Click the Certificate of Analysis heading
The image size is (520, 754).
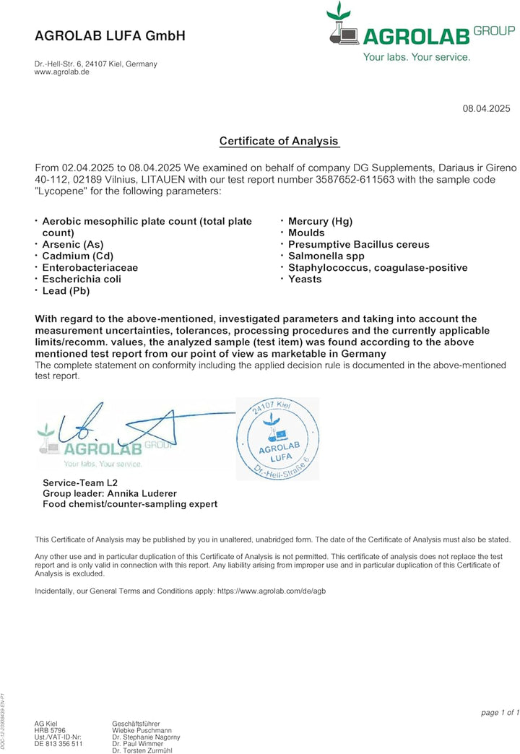279,141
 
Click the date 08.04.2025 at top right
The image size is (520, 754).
486,108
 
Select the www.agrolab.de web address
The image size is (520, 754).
62,73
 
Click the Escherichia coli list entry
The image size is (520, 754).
82,279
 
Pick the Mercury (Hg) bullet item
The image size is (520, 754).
320,222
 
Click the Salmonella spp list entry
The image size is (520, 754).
326,256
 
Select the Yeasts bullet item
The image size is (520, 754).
305,279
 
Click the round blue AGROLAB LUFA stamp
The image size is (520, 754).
278,440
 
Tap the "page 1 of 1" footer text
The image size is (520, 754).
500,713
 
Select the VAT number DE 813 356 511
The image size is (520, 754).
58,743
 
